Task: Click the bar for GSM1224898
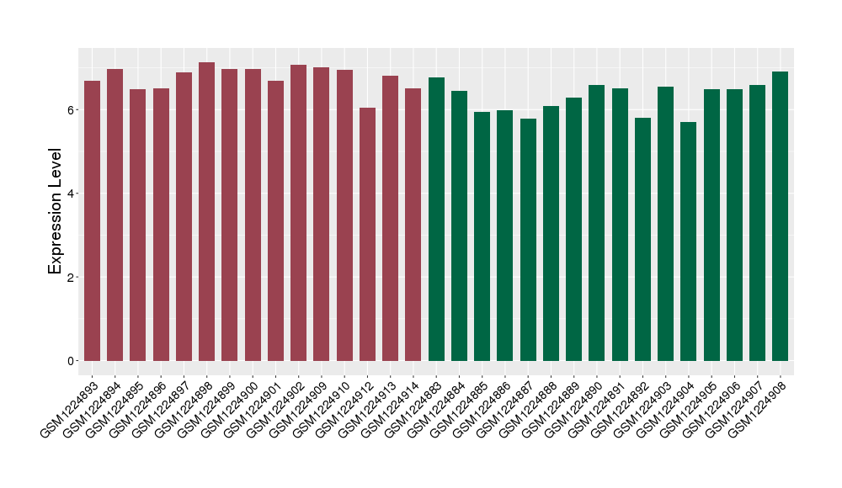click(x=206, y=211)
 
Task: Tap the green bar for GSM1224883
click(x=436, y=219)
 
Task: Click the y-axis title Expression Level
click(x=56, y=211)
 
